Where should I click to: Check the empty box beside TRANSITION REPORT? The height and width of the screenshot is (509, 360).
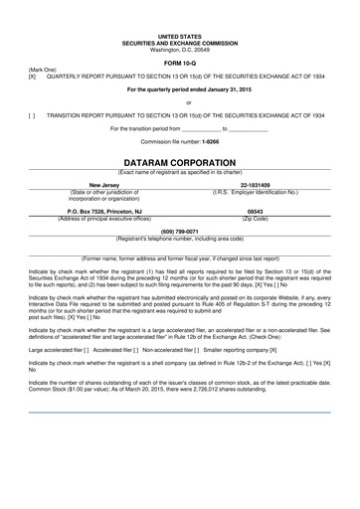33,114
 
